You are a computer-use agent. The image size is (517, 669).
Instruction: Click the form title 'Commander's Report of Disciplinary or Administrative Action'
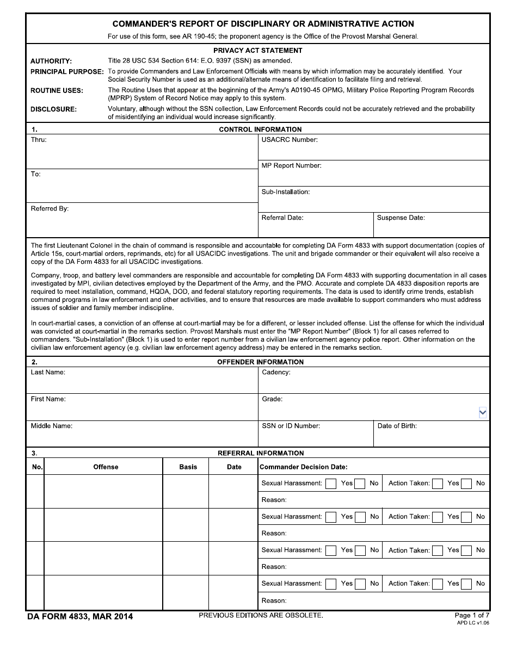263,24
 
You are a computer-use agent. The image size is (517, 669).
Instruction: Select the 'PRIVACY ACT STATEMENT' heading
257,51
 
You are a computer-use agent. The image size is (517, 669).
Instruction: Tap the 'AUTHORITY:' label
51,61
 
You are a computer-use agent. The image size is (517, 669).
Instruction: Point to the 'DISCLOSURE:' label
53,109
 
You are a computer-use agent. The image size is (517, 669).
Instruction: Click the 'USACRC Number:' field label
290,140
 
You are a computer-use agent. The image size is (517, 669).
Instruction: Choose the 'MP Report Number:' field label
291,166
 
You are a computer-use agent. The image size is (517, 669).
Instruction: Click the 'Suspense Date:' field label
401,218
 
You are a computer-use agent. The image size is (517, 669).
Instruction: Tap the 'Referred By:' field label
50,209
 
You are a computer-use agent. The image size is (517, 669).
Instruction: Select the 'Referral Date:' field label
282,218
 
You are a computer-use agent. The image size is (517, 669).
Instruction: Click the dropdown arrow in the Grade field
482,413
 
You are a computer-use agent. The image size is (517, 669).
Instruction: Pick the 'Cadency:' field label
276,373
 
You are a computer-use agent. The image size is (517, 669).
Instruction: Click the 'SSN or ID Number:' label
291,426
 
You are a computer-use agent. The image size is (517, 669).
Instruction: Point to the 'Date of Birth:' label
397,426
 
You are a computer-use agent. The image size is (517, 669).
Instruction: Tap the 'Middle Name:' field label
51,426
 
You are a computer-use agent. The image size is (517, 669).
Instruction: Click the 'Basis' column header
188,467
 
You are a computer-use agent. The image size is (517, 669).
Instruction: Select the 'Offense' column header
106,467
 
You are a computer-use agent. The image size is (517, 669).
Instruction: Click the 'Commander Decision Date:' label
303,467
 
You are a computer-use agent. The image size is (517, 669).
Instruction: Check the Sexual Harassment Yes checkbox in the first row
331,484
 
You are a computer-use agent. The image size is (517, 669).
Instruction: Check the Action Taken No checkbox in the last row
466,584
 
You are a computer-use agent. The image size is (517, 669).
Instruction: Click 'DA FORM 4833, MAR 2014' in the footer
80,616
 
